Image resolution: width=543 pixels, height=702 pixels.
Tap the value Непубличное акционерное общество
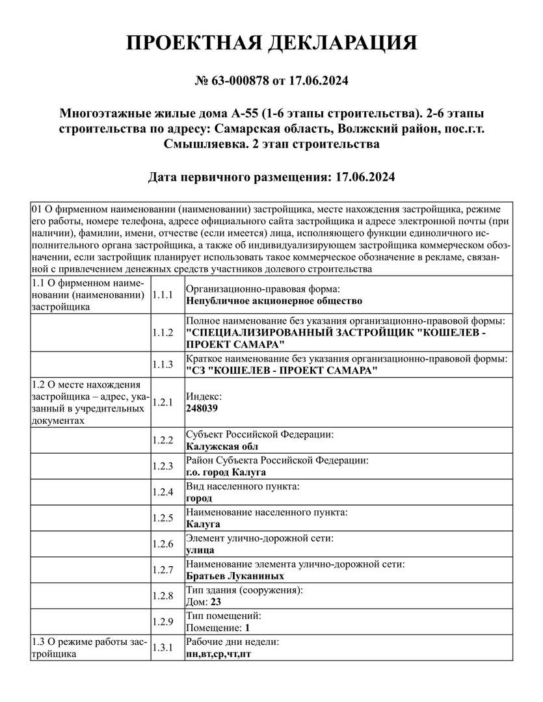tap(274, 301)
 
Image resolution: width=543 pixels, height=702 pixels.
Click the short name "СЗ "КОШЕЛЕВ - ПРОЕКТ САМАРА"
tap(282, 370)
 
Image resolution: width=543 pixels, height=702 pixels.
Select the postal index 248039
tap(202, 408)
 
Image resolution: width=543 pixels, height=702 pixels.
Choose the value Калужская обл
tap(222, 447)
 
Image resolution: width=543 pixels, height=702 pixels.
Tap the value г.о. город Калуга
tap(226, 472)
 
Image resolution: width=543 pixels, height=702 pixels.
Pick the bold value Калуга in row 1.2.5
tap(203, 524)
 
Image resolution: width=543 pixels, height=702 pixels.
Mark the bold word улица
tap(200, 550)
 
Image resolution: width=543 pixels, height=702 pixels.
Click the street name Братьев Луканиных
tap(235, 575)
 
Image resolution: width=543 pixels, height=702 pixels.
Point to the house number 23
tap(215, 602)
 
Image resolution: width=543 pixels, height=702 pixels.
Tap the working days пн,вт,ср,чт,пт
tap(219, 654)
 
